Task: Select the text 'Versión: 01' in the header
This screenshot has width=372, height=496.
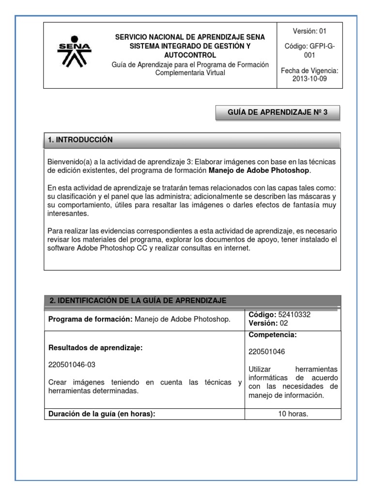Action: point(310,31)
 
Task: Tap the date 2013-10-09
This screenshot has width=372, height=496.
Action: point(310,79)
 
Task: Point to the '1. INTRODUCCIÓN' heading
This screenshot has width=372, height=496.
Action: point(80,140)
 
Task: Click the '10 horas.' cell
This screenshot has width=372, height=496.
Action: point(293,414)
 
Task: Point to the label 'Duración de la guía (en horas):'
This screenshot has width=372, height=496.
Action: point(102,414)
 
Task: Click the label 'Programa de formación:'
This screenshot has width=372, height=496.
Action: point(90,319)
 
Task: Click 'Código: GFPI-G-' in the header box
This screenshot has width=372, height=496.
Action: point(310,47)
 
